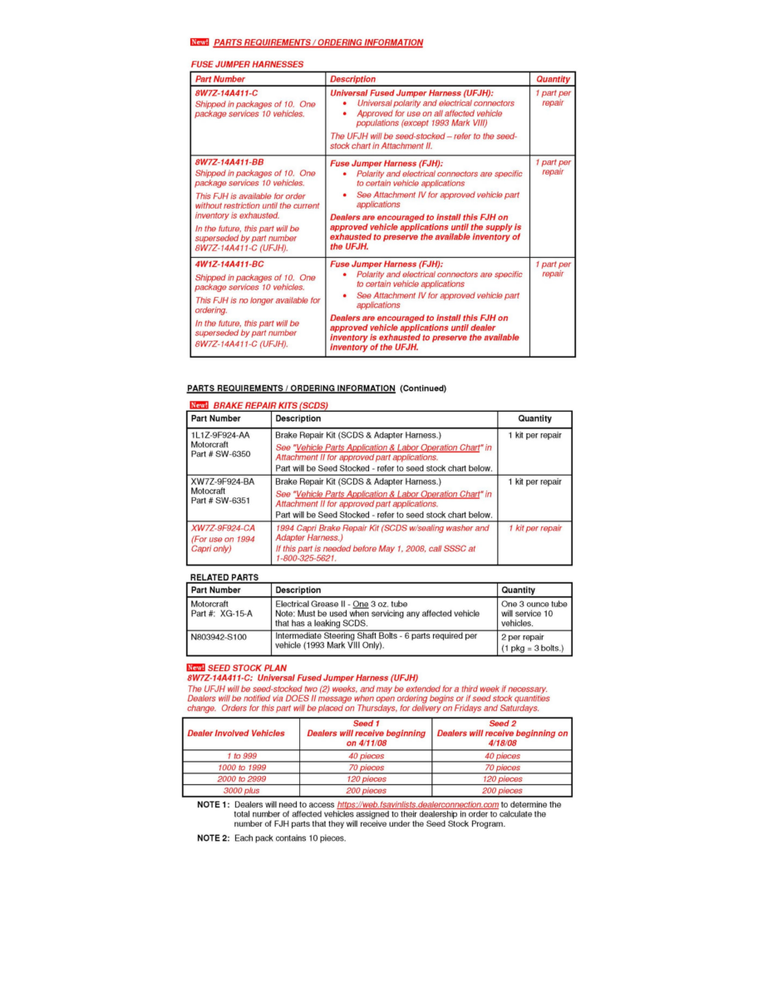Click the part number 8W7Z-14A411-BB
(x=229, y=161)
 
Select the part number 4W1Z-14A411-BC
(x=229, y=264)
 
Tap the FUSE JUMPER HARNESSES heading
(x=247, y=64)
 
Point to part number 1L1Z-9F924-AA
(x=220, y=435)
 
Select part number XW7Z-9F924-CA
(x=224, y=528)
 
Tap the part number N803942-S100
(x=219, y=636)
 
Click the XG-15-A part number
(x=237, y=614)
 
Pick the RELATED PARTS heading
(x=224, y=577)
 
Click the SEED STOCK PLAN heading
(x=247, y=668)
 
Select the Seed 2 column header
(x=503, y=724)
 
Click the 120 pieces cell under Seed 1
(x=366, y=779)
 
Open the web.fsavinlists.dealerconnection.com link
(x=417, y=805)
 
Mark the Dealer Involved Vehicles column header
(x=236, y=734)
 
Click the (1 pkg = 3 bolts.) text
(x=532, y=648)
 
